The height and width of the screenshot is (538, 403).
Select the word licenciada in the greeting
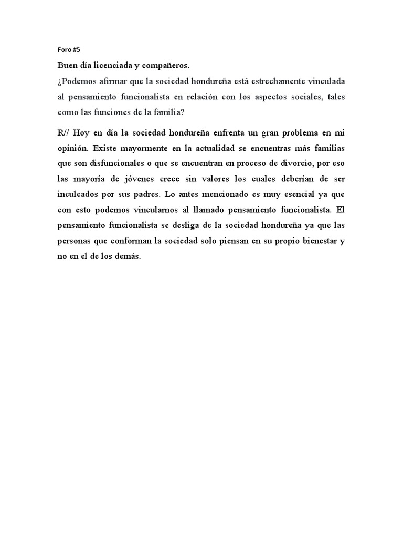click(115, 66)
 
